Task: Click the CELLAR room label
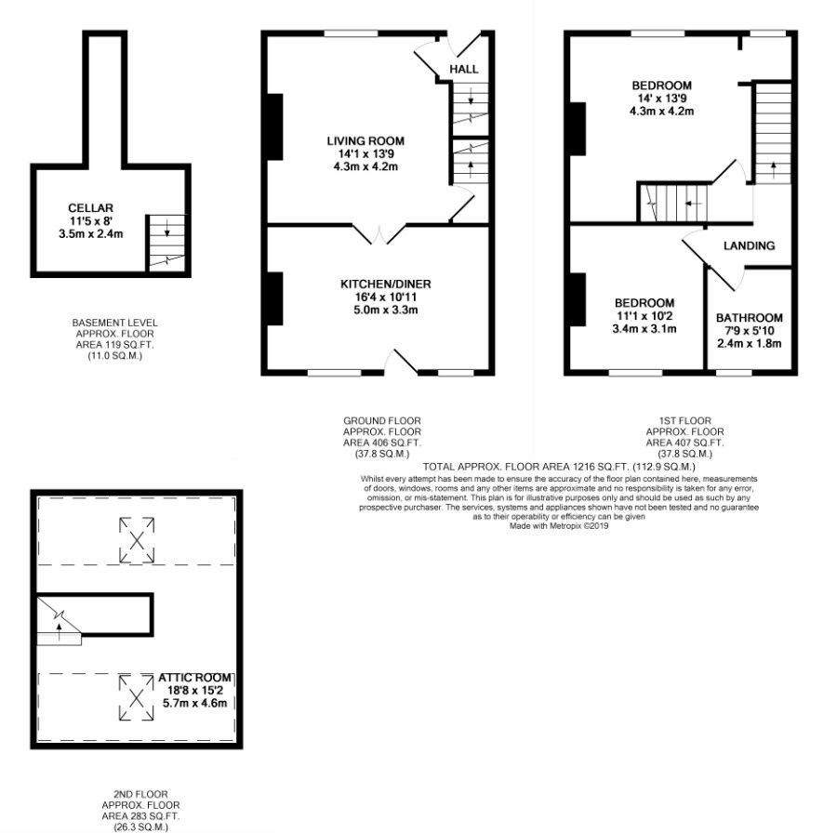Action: (x=90, y=208)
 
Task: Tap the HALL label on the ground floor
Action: (x=464, y=69)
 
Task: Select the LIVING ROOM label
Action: (x=365, y=141)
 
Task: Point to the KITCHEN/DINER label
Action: (x=385, y=284)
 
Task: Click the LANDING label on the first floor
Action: (x=749, y=245)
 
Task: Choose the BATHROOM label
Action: (x=749, y=318)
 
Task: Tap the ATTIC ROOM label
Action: (x=195, y=678)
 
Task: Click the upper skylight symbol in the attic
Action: (x=137, y=540)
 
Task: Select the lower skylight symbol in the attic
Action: (x=137, y=697)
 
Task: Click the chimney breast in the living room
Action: (x=275, y=126)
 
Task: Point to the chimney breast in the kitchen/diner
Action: (x=275, y=298)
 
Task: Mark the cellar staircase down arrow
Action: (x=167, y=228)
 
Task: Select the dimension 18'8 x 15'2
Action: (x=195, y=690)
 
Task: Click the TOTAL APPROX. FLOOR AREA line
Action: (x=559, y=467)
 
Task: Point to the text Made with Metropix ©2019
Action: (x=559, y=525)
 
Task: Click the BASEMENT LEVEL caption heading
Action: (x=114, y=323)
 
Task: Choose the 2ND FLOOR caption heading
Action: (x=141, y=794)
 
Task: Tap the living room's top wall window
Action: (x=352, y=33)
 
